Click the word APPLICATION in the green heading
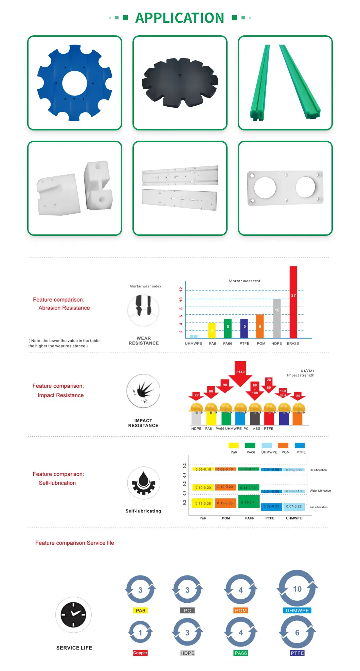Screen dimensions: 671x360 pyautogui.click(x=180, y=18)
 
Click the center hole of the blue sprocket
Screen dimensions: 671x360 pyautogui.click(x=75, y=83)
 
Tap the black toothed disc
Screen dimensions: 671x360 pyautogui.click(x=180, y=83)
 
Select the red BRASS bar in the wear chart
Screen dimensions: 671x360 pyautogui.click(x=293, y=302)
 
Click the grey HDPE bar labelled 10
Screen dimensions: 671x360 pyautogui.click(x=277, y=318)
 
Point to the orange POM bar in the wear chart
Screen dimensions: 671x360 pyautogui.click(x=260, y=326)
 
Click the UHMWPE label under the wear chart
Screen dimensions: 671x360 pyautogui.click(x=193, y=343)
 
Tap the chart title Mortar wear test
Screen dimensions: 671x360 pyautogui.click(x=244, y=281)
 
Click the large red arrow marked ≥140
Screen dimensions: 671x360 pyautogui.click(x=240, y=373)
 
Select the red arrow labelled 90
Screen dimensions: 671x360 pyautogui.click(x=225, y=386)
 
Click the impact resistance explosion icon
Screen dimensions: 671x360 pyautogui.click(x=143, y=391)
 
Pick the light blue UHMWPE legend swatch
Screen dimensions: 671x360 pyautogui.click(x=267, y=445)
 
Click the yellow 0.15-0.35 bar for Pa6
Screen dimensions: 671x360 pyautogui.click(x=203, y=503)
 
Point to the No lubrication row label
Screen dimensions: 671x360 pyautogui.click(x=319, y=507)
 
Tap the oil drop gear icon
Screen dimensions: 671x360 pyautogui.click(x=143, y=483)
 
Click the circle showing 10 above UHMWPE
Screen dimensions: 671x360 pyautogui.click(x=297, y=589)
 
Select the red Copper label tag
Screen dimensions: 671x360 pyautogui.click(x=140, y=653)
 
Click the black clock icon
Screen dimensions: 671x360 pyautogui.click(x=73, y=615)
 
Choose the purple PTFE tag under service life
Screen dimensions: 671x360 pyautogui.click(x=297, y=653)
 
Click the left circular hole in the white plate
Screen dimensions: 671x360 pyautogui.click(x=265, y=188)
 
